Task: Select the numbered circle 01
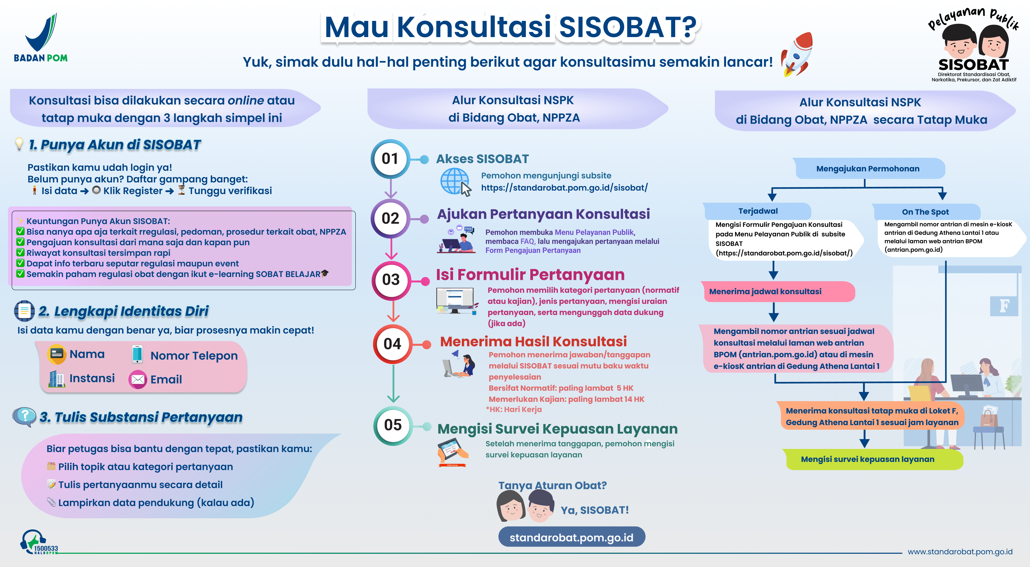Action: [x=390, y=159]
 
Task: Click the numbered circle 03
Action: [x=391, y=280]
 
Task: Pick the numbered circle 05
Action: [x=393, y=425]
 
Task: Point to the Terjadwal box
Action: [x=758, y=211]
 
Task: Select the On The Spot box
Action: [x=925, y=212]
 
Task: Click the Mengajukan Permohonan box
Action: [x=868, y=168]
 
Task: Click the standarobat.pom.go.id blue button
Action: [x=571, y=537]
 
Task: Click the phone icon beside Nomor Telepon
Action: [x=137, y=354]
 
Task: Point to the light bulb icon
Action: [x=19, y=143]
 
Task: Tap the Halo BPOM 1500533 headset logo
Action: [x=39, y=542]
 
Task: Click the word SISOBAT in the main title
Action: [x=627, y=27]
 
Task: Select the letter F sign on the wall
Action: [x=1004, y=306]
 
